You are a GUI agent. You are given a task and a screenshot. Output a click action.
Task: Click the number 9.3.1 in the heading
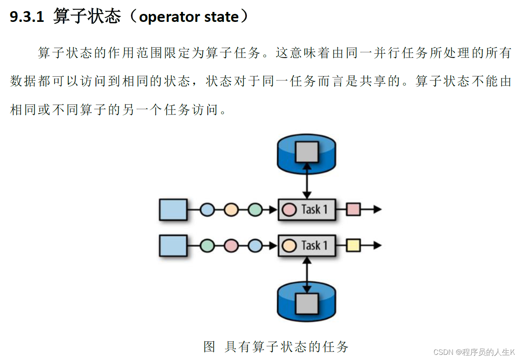coord(26,17)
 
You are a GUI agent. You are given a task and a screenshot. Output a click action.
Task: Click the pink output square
coord(353,209)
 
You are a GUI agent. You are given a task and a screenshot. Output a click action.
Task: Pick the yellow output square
coord(353,245)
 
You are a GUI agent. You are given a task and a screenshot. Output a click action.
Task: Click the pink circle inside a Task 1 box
coord(289,209)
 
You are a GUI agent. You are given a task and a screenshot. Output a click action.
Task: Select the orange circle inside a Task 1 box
coord(289,245)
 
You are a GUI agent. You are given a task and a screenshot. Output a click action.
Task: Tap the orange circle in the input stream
coord(231,209)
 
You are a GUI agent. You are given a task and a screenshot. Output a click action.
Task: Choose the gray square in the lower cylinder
coord(306,304)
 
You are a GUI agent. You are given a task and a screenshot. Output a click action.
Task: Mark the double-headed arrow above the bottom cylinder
coord(306,275)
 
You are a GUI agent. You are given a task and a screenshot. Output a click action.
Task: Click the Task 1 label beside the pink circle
coord(314,209)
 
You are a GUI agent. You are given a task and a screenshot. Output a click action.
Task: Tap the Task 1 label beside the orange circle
coord(314,245)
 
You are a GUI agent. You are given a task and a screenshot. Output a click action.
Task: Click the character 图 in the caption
coord(209,346)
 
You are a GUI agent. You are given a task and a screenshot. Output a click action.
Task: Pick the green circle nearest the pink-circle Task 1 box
coord(255,209)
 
